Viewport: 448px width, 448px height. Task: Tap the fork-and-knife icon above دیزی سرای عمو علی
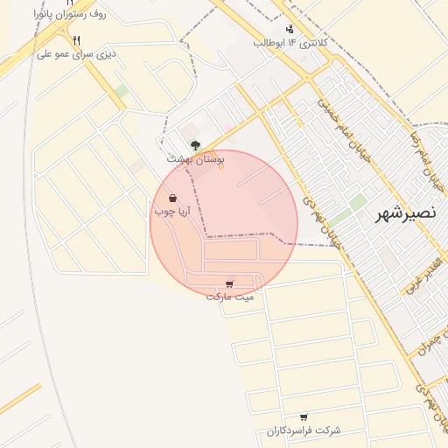tap(77, 40)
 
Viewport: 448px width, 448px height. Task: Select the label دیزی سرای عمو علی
tap(77, 53)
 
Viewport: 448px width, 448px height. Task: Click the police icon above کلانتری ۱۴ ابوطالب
tap(290, 29)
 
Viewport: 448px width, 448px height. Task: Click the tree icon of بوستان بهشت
tap(195, 146)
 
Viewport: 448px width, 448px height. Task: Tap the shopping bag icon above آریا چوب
tap(172, 198)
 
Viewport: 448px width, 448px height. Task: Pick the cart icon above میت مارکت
tap(229, 283)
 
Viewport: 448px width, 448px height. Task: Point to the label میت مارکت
tap(230, 297)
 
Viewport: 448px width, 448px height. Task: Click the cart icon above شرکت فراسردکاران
tap(304, 417)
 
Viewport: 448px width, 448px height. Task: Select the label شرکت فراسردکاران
tap(303, 431)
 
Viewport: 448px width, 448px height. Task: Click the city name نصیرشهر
tap(408, 213)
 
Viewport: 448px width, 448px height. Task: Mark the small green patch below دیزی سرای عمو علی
tap(122, 91)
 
